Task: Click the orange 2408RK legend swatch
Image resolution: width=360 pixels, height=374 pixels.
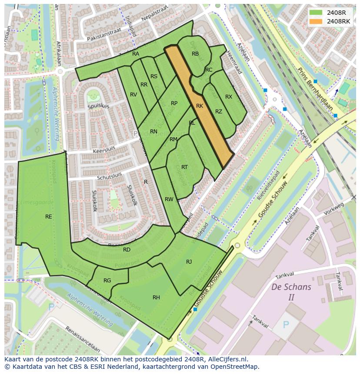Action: click(x=316, y=21)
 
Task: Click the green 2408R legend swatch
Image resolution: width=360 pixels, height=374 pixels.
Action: click(x=316, y=12)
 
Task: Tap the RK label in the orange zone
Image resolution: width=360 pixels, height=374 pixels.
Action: click(x=200, y=106)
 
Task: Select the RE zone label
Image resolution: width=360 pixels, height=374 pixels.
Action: click(x=49, y=217)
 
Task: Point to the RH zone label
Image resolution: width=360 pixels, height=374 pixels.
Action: click(x=156, y=298)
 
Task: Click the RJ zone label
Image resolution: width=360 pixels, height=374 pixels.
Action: click(x=189, y=261)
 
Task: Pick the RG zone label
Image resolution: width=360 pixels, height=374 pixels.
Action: click(x=107, y=281)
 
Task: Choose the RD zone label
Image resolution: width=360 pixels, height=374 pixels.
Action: click(x=127, y=250)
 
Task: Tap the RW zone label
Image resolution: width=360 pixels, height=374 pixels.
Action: click(x=169, y=199)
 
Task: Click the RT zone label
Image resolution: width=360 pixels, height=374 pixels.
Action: click(x=184, y=167)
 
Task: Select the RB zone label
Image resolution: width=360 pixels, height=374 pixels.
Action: click(x=195, y=54)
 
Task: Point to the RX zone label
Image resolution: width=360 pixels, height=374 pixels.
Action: click(x=229, y=97)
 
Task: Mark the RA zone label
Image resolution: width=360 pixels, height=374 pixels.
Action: click(x=136, y=54)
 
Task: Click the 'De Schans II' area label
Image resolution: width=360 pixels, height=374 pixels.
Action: click(x=291, y=292)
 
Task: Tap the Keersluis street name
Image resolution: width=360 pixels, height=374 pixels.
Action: click(x=106, y=151)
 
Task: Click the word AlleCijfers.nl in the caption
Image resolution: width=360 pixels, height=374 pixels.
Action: click(x=226, y=359)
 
